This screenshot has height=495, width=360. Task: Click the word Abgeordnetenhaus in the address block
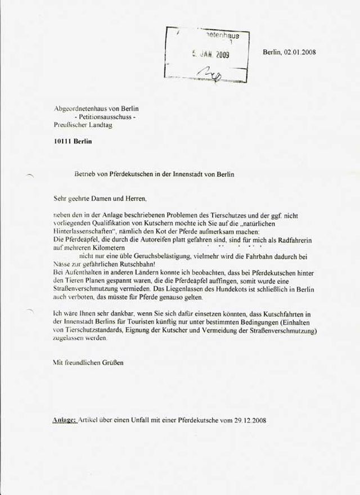point(75,108)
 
